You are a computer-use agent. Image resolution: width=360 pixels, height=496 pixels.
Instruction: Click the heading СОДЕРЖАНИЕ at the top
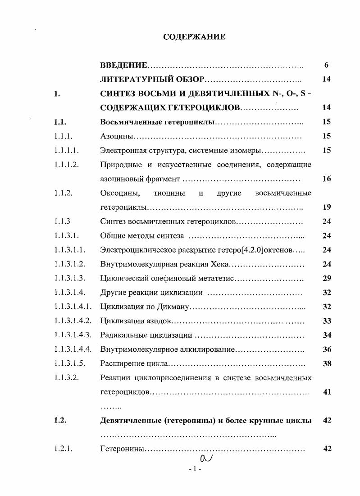(x=194, y=37)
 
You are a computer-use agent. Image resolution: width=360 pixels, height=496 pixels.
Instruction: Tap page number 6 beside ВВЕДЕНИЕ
(x=327, y=65)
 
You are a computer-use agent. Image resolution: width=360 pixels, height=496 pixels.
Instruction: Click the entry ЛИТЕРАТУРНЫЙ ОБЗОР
(x=152, y=79)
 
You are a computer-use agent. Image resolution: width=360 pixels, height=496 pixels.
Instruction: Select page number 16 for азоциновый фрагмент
(x=327, y=179)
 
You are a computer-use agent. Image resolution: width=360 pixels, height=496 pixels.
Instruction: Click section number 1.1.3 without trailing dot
(x=63, y=221)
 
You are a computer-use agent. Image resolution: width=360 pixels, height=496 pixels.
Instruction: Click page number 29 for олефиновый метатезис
(x=327, y=279)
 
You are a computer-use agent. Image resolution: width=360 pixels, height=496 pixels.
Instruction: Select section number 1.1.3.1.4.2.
(x=73, y=321)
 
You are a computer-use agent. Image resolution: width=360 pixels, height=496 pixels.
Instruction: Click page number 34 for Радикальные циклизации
(x=327, y=335)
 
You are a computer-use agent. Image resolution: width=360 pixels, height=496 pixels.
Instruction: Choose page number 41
(x=327, y=392)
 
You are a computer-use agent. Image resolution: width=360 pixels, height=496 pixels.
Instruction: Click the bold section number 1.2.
(x=60, y=421)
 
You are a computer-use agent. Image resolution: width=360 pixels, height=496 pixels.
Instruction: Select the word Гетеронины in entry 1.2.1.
(x=123, y=449)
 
